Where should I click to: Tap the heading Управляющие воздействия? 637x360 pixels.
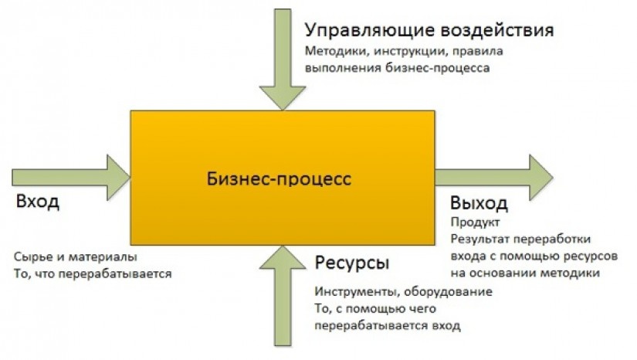pos(429,31)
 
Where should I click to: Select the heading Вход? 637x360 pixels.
pos(36,203)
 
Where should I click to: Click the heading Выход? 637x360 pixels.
pos(479,204)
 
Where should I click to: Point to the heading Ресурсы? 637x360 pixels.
pos(351,263)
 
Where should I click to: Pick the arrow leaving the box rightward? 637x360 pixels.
pos(494,176)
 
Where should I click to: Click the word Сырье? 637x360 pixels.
pos(31,257)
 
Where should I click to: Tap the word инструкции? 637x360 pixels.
pos(401,53)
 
